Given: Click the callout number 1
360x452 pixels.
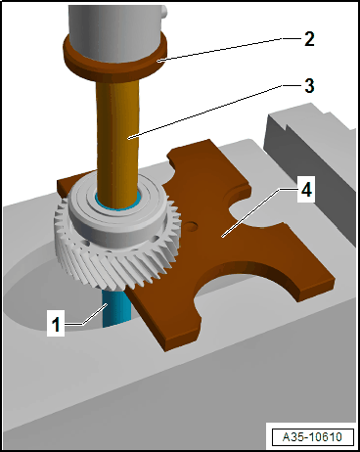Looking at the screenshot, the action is click(56, 325).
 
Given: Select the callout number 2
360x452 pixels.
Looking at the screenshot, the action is click(308, 39).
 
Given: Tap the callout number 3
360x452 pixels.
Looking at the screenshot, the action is click(308, 85).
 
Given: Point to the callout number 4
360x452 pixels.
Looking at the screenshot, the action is click(306, 189).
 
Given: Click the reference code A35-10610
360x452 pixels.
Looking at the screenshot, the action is click(313, 436).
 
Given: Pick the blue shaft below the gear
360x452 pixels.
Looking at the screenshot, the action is click(115, 308).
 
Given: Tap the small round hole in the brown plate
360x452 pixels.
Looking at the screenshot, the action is click(191, 226).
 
